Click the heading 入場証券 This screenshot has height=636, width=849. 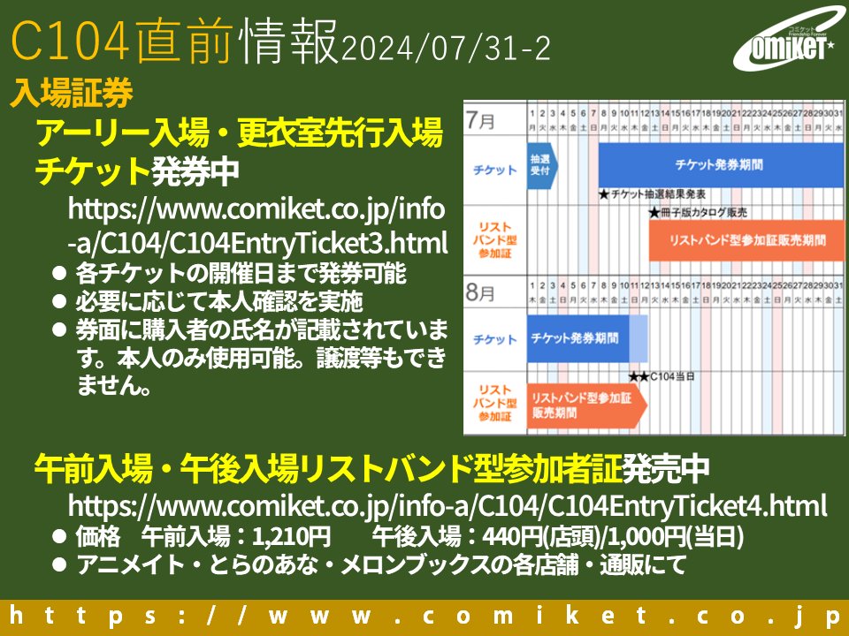coord(72,92)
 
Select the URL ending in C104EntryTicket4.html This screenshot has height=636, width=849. coord(447,507)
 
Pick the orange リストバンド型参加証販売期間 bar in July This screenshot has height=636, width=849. coord(746,240)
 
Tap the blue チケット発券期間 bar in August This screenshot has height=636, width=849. coord(578,339)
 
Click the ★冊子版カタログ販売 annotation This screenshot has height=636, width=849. coord(698,212)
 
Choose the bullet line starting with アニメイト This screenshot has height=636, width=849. coord(380,564)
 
